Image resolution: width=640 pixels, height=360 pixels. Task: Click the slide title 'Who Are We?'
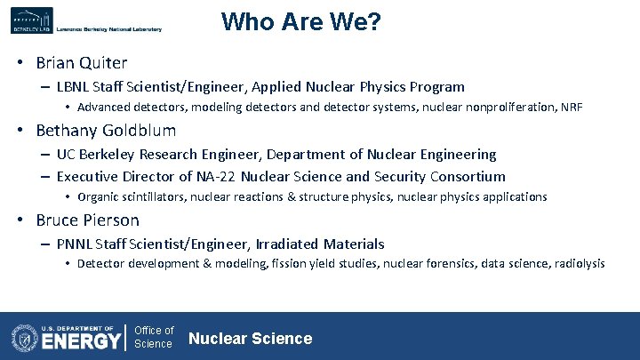coord(300,21)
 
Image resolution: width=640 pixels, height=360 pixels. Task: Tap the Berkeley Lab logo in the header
coord(32,20)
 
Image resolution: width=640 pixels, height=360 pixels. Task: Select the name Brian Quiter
coord(82,63)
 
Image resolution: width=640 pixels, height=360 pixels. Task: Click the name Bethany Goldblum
coord(106,131)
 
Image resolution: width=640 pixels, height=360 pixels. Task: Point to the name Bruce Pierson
coord(87,220)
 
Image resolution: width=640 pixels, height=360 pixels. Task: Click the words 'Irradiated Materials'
coord(321,244)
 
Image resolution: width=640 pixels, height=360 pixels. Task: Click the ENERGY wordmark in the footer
coord(82,341)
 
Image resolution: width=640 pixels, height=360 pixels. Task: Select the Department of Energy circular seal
coord(24,338)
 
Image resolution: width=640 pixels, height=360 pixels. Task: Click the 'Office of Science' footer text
coord(153,338)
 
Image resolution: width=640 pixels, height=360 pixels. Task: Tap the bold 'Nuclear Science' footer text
coord(251,338)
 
